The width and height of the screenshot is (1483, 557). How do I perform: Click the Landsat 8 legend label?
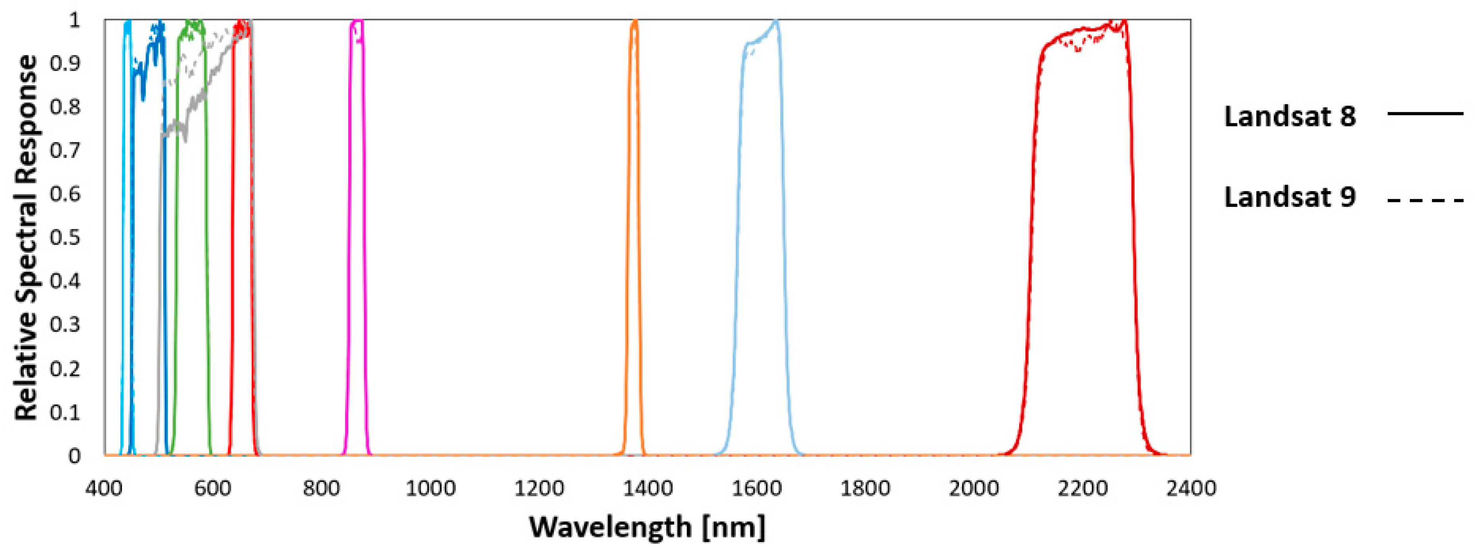tap(1290, 116)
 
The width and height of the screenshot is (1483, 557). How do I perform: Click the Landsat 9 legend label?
tap(1290, 197)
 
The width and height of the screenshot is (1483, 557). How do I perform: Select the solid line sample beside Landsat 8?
tap(1425, 113)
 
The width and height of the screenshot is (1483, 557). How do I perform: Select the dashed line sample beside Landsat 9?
tap(1425, 200)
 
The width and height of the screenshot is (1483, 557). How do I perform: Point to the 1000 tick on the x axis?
tap(430, 488)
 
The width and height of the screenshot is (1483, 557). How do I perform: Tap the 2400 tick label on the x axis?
tap(1190, 488)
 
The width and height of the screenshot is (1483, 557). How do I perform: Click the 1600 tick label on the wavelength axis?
tap(756, 488)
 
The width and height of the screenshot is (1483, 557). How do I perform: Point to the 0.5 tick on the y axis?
tap(64, 237)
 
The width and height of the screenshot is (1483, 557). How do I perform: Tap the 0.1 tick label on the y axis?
tap(64, 412)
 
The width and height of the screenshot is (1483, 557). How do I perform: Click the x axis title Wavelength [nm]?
tap(647, 526)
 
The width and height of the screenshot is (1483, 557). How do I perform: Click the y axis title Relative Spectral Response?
tap(26, 237)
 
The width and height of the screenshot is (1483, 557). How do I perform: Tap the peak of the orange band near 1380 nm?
tap(634, 21)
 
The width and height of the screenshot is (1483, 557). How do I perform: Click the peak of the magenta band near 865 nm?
tap(357, 22)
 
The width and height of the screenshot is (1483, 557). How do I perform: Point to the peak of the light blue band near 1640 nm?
tap(775, 21)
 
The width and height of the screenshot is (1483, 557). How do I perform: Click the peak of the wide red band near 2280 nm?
tap(1124, 21)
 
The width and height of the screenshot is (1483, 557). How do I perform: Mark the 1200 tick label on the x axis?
tap(539, 488)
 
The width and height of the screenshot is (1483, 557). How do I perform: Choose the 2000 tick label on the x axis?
tap(974, 488)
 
